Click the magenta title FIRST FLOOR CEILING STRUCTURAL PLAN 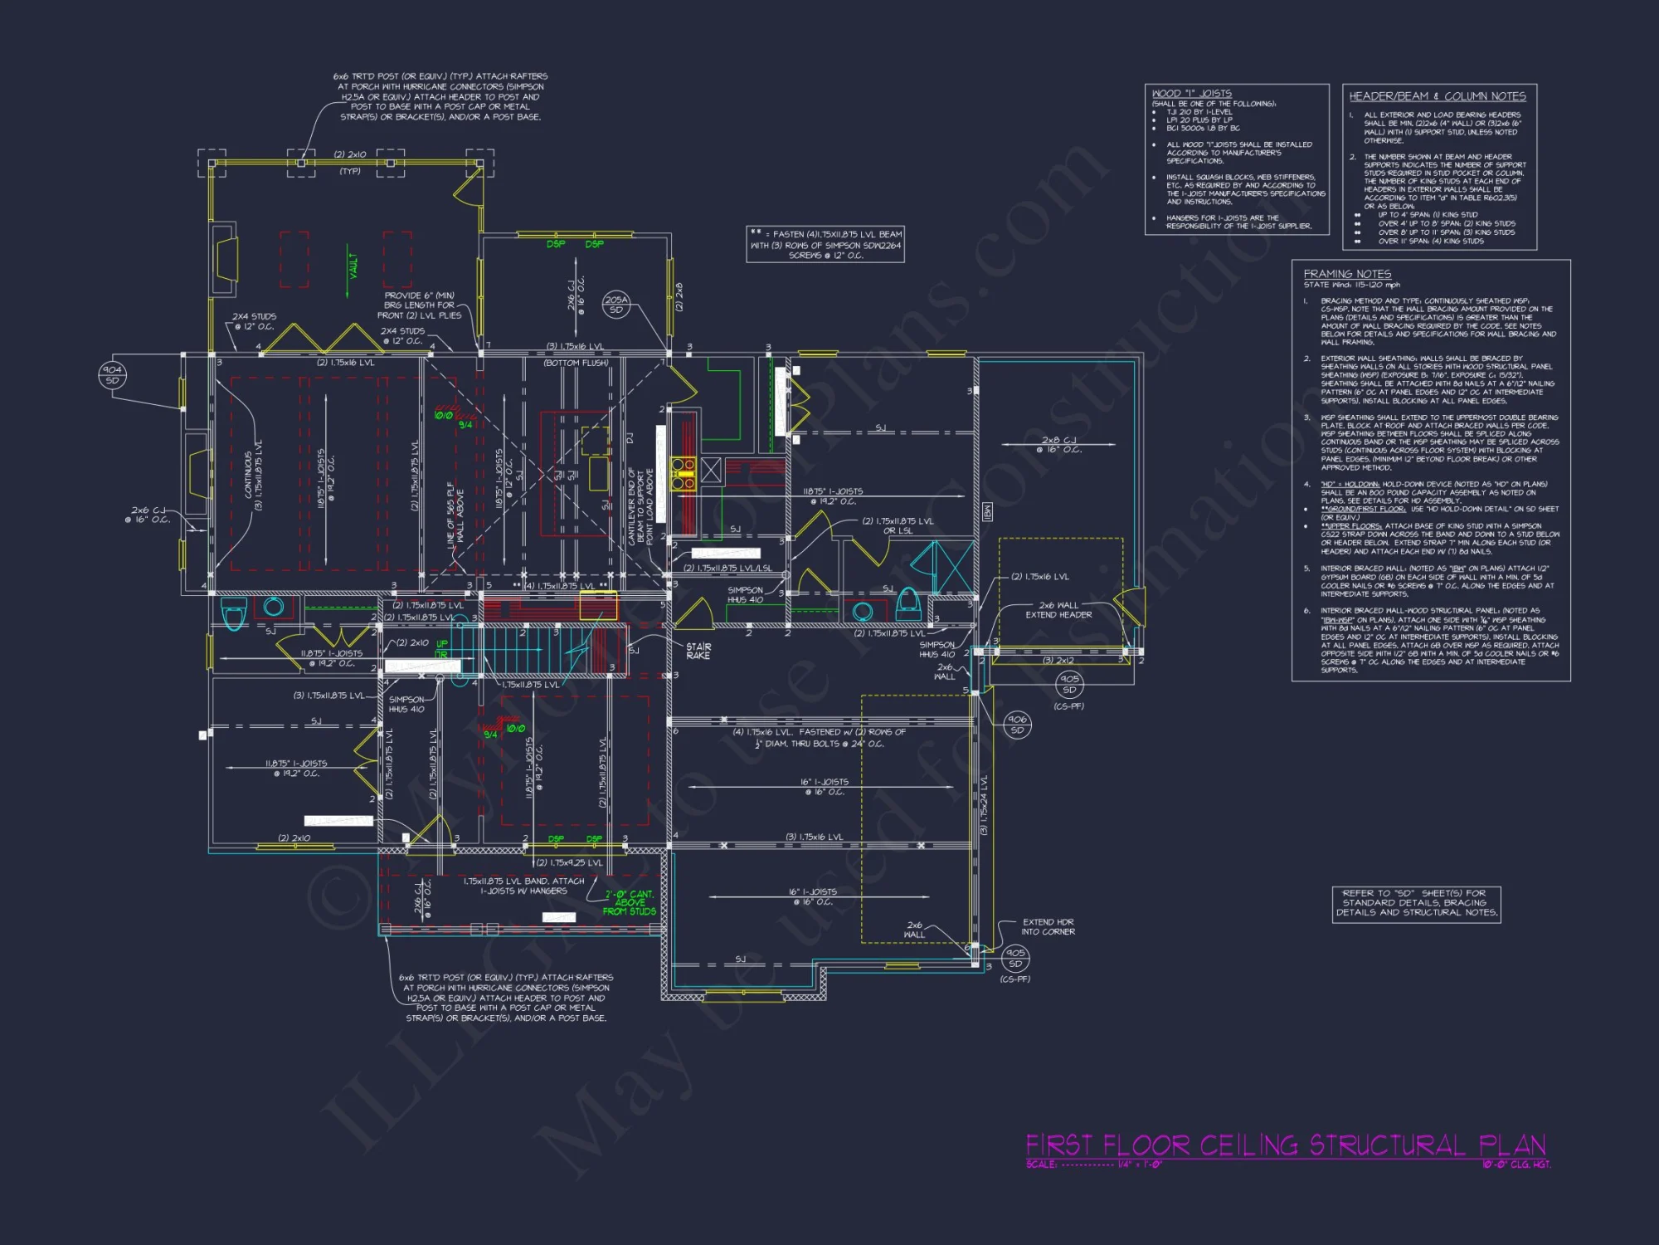1286,1145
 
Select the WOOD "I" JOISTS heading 1191,94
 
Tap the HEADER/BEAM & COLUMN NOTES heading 1437,96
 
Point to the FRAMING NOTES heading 1347,274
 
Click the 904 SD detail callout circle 112,375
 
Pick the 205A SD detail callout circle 616,305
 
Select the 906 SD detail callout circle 1017,725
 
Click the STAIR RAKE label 698,651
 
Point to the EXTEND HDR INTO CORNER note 1048,926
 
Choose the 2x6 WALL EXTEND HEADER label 1058,610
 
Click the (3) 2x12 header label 1058,661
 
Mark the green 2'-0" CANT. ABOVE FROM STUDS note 630,902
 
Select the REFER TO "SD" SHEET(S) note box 1416,903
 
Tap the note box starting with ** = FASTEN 825,245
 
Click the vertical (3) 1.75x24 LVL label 984,805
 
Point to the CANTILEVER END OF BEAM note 640,506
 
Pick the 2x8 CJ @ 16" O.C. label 1058,445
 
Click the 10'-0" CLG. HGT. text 1516,1164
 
